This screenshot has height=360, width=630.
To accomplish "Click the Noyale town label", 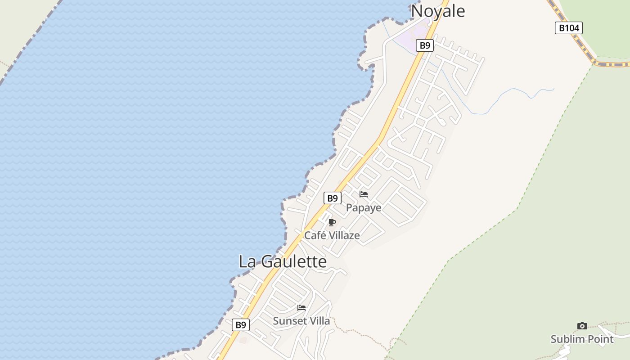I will pyautogui.click(x=438, y=11).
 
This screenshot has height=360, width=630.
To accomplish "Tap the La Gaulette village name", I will pyautogui.click(x=283, y=261).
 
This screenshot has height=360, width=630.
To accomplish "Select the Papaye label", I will pyautogui.click(x=364, y=208).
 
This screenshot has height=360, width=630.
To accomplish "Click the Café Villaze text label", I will pyautogui.click(x=332, y=235).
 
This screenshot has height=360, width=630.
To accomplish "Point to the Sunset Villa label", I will pyautogui.click(x=301, y=321).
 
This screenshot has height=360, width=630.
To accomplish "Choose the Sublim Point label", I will pyautogui.click(x=582, y=339).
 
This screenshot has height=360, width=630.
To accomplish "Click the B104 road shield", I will pyautogui.click(x=569, y=28).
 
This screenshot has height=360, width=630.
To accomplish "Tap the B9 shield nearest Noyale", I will pyautogui.click(x=425, y=45).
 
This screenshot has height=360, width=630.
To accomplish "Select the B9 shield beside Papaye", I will pyautogui.click(x=333, y=198).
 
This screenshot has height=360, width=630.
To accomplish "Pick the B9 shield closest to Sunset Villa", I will pyautogui.click(x=241, y=325).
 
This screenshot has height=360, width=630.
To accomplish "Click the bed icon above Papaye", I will pyautogui.click(x=364, y=194).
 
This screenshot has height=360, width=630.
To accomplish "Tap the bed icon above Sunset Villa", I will pyautogui.click(x=301, y=308).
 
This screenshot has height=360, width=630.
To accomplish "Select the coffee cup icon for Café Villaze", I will pyautogui.click(x=332, y=222).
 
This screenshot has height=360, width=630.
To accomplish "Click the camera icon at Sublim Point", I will pyautogui.click(x=582, y=326).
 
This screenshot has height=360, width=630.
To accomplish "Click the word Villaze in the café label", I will pyautogui.click(x=345, y=235).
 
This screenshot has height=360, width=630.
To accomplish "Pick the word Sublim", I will pyautogui.click(x=566, y=339).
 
